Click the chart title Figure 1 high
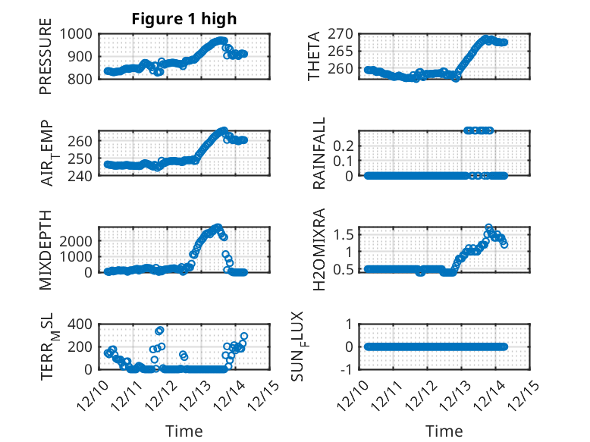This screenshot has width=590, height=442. point(184,19)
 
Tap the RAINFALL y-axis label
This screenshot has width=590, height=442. point(319,154)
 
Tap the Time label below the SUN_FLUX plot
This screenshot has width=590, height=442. point(444,431)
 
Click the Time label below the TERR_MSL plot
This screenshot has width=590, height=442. point(184,431)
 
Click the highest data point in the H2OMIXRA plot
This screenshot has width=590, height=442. point(489,227)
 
